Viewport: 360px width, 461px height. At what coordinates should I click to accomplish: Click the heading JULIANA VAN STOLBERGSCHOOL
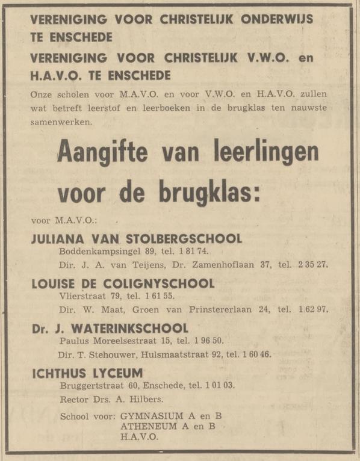click(x=137, y=238)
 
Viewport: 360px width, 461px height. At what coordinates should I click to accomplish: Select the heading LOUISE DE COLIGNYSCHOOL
click(x=123, y=283)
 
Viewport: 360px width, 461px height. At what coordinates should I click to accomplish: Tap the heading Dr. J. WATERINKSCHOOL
click(x=110, y=329)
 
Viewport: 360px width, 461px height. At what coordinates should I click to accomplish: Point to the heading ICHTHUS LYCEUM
click(x=87, y=374)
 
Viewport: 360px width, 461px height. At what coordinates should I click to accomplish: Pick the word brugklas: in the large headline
click(x=203, y=193)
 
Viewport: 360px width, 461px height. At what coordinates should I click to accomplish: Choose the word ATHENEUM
click(x=144, y=427)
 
